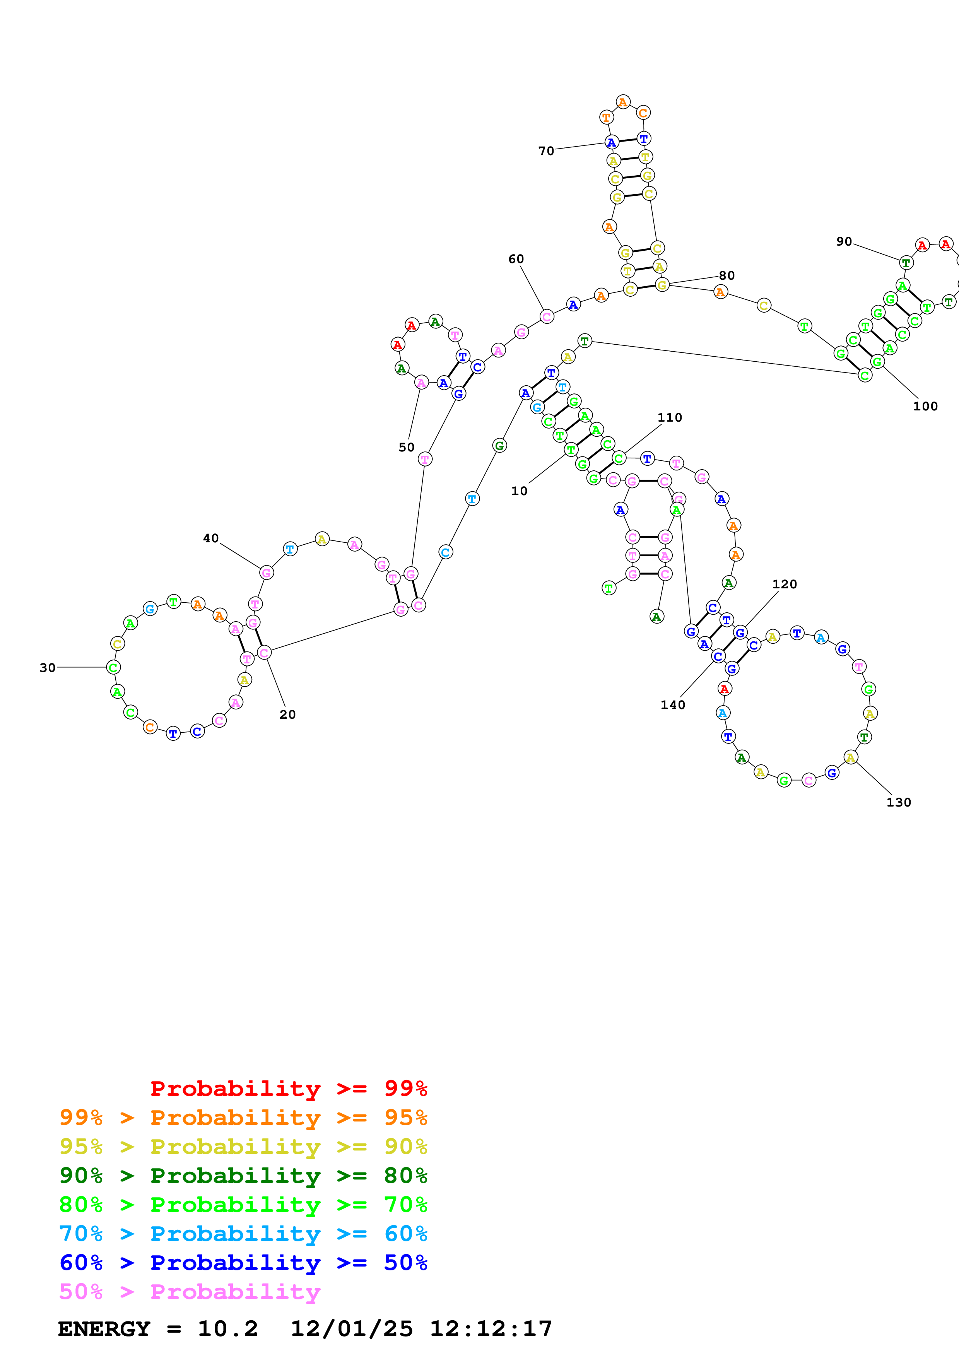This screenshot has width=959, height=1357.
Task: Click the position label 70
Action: [546, 151]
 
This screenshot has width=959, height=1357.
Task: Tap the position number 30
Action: [47, 668]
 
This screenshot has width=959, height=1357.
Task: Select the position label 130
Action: [898, 803]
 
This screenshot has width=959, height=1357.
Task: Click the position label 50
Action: [406, 448]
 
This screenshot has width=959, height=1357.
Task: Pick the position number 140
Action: [672, 705]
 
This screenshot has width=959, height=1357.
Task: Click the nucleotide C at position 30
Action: [113, 667]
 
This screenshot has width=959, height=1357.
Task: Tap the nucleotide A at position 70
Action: [612, 142]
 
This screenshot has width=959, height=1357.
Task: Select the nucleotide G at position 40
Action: [267, 573]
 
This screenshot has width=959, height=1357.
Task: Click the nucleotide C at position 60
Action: [547, 317]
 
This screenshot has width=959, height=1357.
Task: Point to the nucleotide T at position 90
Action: [906, 262]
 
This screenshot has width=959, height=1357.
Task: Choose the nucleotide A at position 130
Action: [850, 758]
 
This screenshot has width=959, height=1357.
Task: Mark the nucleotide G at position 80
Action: [662, 285]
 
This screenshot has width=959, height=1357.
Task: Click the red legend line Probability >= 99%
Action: [288, 1089]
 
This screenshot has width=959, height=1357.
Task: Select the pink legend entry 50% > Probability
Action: [190, 1292]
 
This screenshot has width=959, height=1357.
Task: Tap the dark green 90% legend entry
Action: [243, 1176]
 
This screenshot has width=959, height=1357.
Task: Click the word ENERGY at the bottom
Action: [104, 1329]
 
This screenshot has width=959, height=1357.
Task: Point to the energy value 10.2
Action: [227, 1329]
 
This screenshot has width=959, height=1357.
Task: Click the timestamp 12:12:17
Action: [491, 1329]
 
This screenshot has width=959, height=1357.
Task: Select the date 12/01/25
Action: [352, 1329]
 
